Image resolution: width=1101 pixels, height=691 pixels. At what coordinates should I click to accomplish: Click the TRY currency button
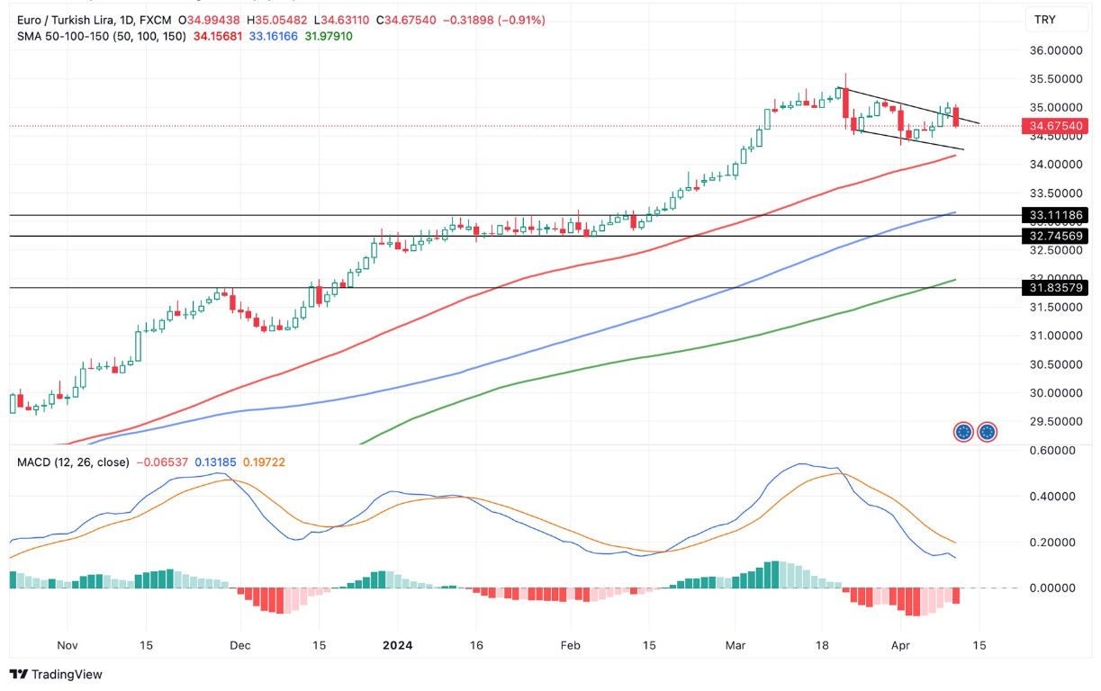point(1044,20)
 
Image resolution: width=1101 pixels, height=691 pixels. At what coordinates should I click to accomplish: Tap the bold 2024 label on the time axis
point(397,645)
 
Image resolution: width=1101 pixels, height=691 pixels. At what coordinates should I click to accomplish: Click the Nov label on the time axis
point(68,645)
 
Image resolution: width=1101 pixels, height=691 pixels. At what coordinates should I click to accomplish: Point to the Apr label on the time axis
point(900,645)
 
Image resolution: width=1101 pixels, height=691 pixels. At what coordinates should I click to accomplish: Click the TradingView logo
point(56,674)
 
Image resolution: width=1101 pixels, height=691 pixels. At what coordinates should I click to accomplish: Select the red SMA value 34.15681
point(217,36)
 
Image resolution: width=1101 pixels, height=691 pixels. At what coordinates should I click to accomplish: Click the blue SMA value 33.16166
point(273,36)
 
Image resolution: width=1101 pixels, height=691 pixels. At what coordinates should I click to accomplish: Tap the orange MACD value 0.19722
point(268,462)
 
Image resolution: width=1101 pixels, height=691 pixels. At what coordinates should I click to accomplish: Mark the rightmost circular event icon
point(988,432)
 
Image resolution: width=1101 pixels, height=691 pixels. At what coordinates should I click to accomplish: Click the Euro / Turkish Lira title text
point(67,20)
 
